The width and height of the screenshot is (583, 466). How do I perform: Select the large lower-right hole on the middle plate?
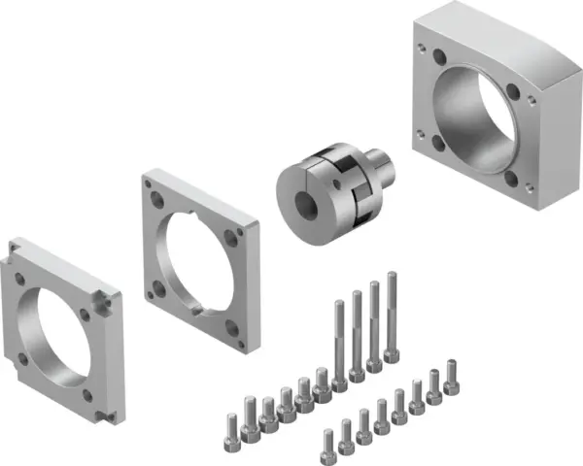[x=232, y=327]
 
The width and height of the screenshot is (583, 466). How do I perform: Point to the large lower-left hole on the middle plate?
[x=157, y=287]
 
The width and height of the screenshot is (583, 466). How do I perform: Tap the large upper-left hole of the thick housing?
[x=430, y=56]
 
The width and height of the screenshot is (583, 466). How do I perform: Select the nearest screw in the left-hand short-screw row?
[x=232, y=426]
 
